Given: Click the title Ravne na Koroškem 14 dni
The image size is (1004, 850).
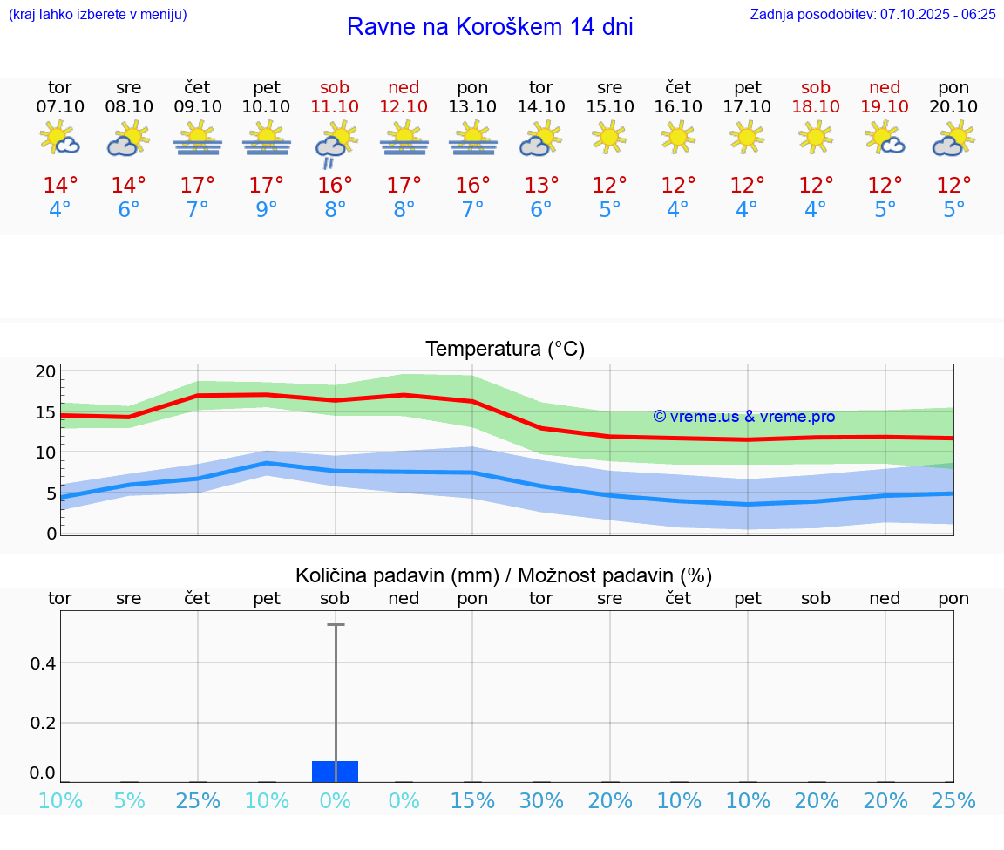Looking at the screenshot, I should tap(490, 27).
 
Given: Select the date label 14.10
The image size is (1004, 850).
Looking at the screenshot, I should tap(540, 106).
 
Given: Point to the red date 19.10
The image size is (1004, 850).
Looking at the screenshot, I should tap(885, 106).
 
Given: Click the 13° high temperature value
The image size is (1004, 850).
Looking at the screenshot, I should tap(540, 185).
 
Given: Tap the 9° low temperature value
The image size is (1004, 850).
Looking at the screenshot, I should tap(266, 210).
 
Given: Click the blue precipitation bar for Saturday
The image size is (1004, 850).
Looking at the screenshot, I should tap(335, 771).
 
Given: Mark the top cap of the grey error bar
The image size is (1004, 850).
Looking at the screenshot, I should tap(335, 625).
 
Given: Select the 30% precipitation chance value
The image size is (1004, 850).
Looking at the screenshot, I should tap(540, 800).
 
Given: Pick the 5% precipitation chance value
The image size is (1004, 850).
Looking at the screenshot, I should tap(129, 800).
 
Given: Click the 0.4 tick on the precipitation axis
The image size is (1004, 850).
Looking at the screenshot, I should tap(43, 663).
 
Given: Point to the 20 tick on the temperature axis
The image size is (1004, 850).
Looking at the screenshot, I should tap(45, 371).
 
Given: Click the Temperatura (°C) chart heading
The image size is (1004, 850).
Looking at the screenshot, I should tap(505, 350).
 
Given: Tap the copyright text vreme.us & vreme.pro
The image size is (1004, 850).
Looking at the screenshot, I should tap(743, 417).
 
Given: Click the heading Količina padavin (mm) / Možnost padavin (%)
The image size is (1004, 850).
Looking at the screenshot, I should tap(504, 575).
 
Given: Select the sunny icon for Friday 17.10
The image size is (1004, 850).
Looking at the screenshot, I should tap(747, 137).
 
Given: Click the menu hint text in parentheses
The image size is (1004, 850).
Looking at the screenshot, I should tap(97, 14).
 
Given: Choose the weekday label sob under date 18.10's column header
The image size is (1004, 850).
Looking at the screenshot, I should tap(816, 87).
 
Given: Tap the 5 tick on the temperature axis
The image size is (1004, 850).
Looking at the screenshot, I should tap(51, 493).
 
